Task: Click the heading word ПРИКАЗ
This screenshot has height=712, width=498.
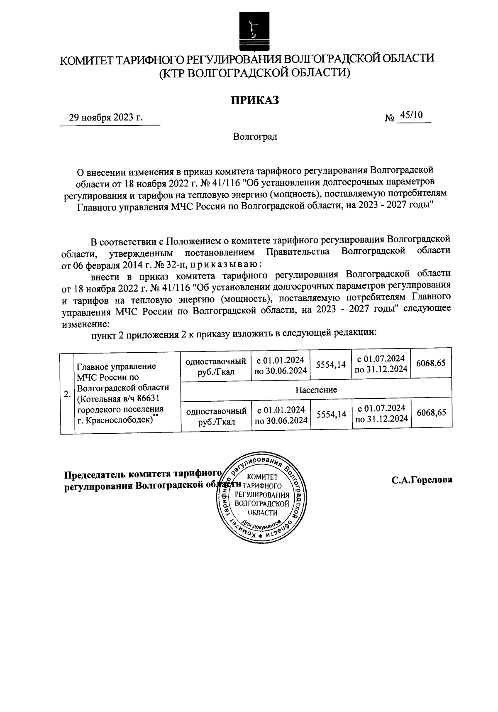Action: point(254,100)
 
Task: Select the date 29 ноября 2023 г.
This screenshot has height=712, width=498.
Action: point(106,117)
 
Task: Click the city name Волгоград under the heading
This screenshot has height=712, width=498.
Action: point(255,137)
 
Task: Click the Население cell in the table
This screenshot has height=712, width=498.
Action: point(316,390)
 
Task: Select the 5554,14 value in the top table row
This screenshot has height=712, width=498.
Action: point(330,365)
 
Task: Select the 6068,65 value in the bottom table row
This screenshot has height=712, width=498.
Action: point(431,412)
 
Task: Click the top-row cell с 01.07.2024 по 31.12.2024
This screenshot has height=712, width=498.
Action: point(381,364)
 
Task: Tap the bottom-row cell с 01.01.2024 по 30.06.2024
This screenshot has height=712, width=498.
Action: point(281,415)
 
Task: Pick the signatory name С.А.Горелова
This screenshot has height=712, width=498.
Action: point(422,480)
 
